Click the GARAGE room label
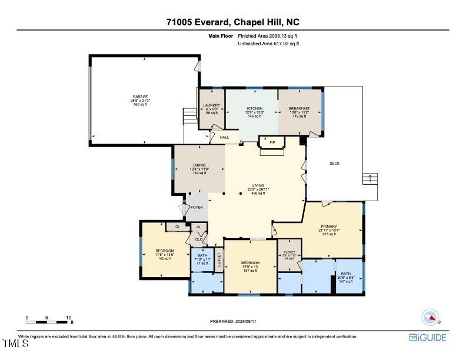pyautogui.click(x=140, y=96)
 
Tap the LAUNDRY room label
pyautogui.click(x=211, y=105)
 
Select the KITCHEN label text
pyautogui.click(x=254, y=109)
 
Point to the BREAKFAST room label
pyautogui.click(x=301, y=109)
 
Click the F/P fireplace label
pyautogui.click(x=272, y=142)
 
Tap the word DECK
pyautogui.click(x=334, y=164)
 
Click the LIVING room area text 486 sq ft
pyautogui.click(x=258, y=193)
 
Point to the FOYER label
pyautogui.click(x=197, y=207)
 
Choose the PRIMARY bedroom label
pyautogui.click(x=328, y=226)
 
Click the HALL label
pyautogui.click(x=224, y=138)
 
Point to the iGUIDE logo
pyautogui.click(x=428, y=338)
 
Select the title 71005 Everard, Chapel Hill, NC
pyautogui.click(x=233, y=22)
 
